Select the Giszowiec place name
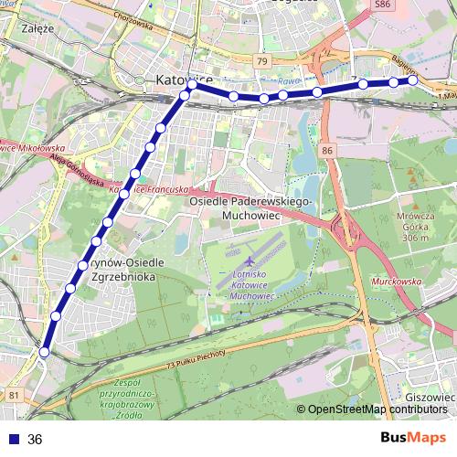pos(428,399)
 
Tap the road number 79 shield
pos(262,61)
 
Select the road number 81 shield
pos(13,395)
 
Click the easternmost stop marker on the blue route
pos(413,80)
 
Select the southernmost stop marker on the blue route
pos(44,351)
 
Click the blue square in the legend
pos(10,440)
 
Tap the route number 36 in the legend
pos(35,440)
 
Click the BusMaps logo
pos(413,438)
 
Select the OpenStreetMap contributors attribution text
pos(377,409)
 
